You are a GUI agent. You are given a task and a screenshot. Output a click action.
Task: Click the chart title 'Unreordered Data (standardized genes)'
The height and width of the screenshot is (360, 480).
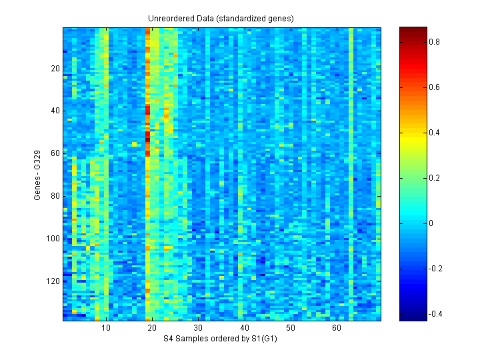click(221, 18)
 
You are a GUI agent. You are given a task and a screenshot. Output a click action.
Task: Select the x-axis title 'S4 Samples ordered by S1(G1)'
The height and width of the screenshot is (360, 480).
click(221, 339)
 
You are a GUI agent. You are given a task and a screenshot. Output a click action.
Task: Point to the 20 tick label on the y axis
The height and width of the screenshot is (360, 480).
click(55, 69)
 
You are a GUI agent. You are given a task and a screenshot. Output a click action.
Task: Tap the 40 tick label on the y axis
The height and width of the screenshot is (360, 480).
click(55, 111)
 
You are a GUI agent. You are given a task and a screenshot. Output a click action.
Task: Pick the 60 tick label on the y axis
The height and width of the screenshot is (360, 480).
click(55, 153)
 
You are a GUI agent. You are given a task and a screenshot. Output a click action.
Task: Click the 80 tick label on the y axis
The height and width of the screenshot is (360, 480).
click(55, 196)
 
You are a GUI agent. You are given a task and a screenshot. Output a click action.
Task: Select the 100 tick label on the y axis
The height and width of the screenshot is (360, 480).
click(53, 239)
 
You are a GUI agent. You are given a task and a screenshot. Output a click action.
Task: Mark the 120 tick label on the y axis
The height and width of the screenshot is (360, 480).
click(53, 281)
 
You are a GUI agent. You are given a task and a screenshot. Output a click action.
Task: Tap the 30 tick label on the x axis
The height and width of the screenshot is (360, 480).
click(198, 328)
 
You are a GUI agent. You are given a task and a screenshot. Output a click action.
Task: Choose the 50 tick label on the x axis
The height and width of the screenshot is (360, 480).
click(291, 328)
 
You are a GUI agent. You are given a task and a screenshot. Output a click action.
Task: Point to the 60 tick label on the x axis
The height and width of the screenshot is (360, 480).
click(337, 328)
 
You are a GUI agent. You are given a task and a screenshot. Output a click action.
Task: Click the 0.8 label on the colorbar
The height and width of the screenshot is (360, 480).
click(434, 41)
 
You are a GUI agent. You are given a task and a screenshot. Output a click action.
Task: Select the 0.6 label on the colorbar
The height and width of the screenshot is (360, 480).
click(434, 87)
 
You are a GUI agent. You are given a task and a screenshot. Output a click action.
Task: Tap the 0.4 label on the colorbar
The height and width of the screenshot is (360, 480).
click(434, 132)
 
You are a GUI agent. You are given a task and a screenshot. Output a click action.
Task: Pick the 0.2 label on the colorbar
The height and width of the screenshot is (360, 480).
click(434, 177)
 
